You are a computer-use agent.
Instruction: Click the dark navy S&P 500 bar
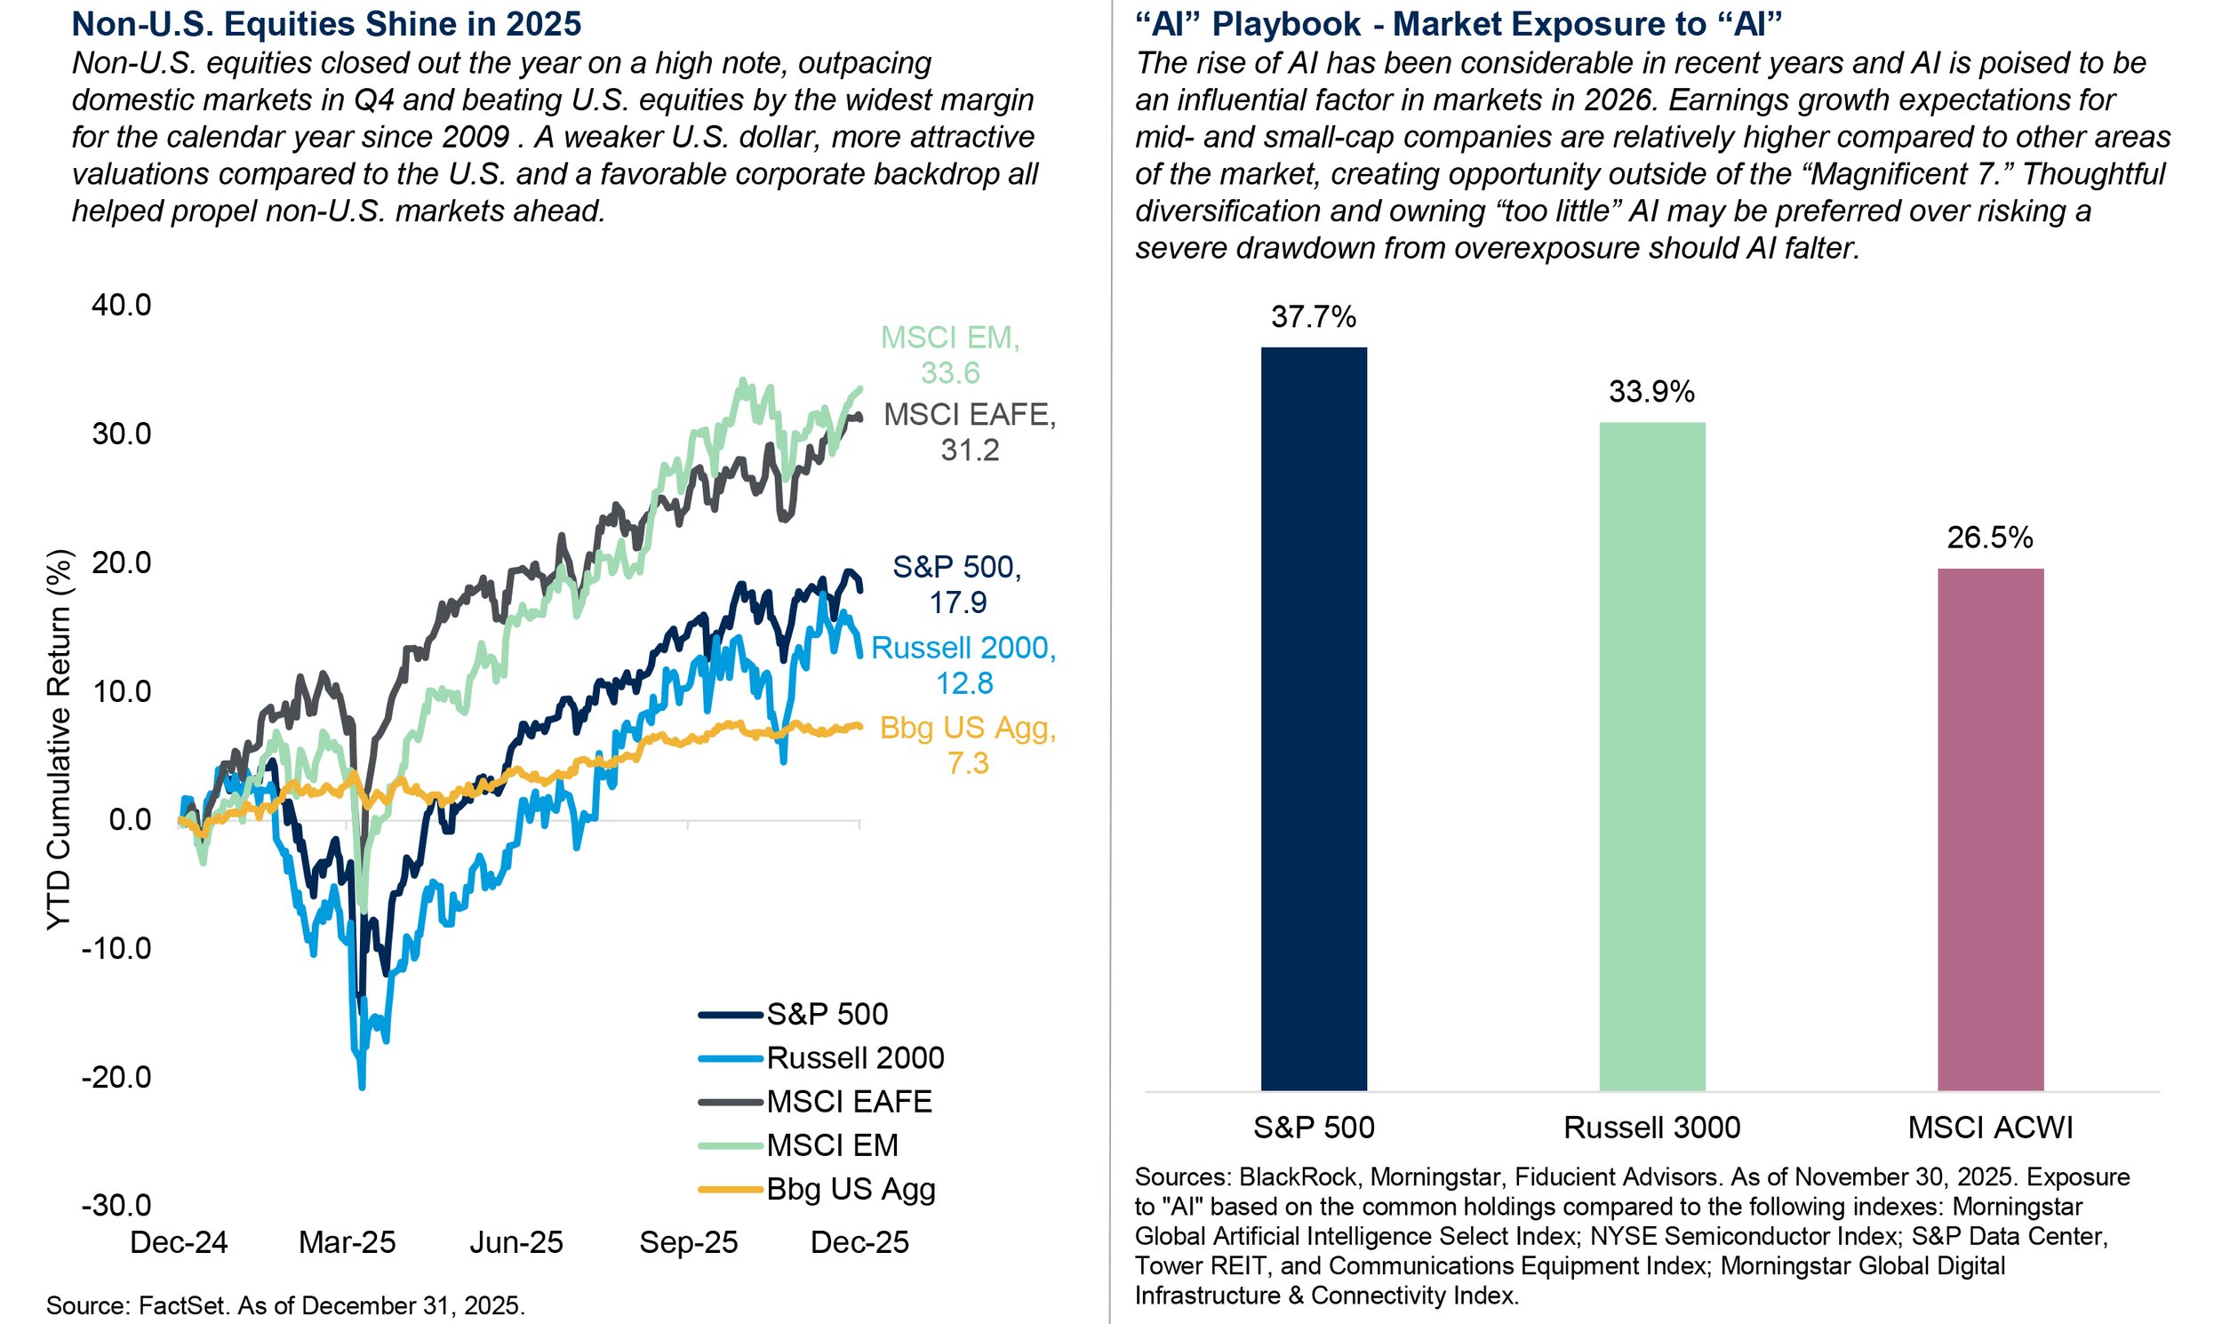[x=1314, y=718]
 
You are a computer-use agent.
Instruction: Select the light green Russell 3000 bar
[x=1651, y=755]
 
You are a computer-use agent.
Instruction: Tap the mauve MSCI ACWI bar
[x=1990, y=829]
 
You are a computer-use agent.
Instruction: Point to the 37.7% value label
[x=1314, y=316]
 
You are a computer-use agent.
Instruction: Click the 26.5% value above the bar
[x=1990, y=537]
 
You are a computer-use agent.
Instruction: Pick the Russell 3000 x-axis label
[x=1651, y=1128]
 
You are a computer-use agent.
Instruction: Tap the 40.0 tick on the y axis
[x=123, y=305]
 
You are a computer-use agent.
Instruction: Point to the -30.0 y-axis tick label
[x=117, y=1205]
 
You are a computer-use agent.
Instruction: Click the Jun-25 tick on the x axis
[x=516, y=1242]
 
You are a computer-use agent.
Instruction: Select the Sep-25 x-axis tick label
[x=689, y=1242]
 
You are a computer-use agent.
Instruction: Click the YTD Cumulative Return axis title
[x=58, y=740]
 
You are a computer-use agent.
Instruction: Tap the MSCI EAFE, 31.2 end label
[x=969, y=432]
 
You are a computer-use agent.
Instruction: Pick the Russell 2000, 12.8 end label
[x=963, y=665]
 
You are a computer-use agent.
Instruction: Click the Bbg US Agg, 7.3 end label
[x=968, y=745]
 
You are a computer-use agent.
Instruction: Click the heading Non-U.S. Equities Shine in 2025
[x=326, y=24]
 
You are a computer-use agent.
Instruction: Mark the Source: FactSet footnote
[x=285, y=1305]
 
